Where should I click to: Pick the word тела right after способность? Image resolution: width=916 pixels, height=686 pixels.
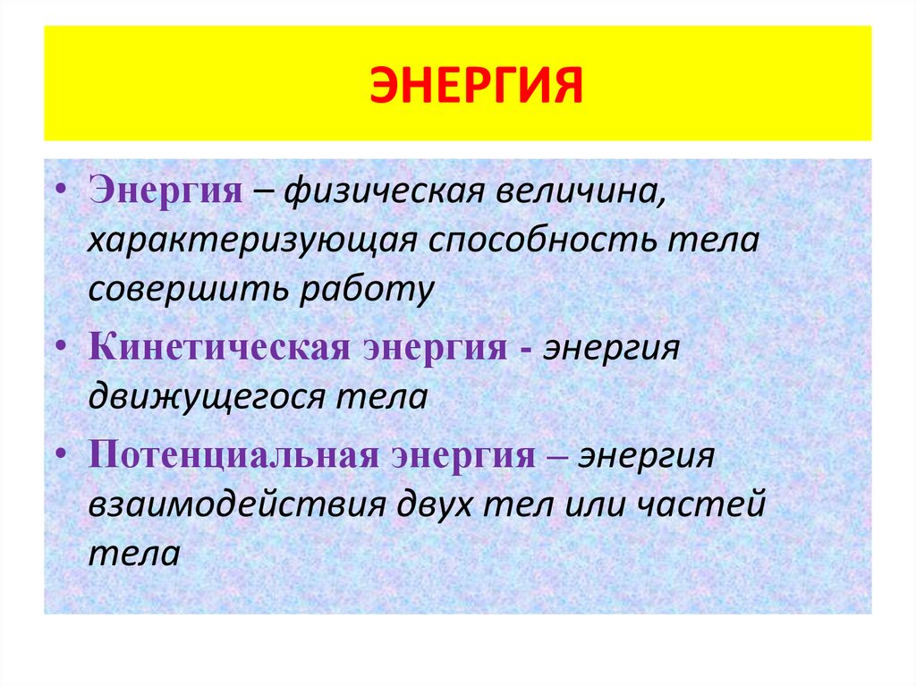pyautogui.click(x=717, y=242)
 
